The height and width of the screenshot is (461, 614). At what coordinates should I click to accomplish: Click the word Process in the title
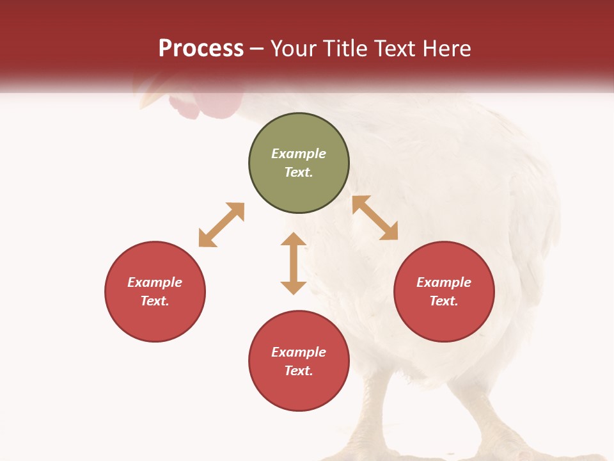point(201,49)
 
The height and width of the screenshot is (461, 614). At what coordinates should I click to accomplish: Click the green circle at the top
point(299,163)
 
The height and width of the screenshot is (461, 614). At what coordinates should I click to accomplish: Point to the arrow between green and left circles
point(221,225)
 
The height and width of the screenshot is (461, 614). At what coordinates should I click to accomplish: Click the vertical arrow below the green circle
point(294,263)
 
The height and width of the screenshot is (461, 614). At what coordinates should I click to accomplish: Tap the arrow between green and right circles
point(375,218)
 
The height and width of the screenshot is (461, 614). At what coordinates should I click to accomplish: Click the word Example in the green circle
point(299,154)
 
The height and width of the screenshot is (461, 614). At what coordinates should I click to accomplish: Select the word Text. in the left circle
point(155,301)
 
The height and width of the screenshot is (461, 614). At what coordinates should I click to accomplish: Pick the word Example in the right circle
point(444,282)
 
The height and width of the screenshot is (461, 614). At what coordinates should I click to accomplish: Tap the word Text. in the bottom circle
point(299,371)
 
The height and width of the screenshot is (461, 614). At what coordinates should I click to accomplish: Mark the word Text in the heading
point(397,49)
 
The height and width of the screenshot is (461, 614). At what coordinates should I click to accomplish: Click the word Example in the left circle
point(155,282)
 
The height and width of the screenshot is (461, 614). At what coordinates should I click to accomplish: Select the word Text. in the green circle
point(299,172)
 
